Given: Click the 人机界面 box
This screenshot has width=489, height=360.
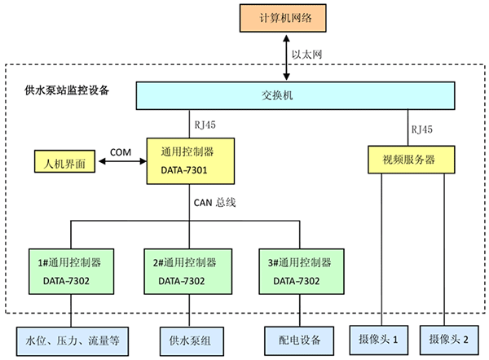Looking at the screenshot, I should point(64,161).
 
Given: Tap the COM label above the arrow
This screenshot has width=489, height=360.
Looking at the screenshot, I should point(121,151).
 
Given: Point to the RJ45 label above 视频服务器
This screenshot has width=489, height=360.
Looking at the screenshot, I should point(422,129).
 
